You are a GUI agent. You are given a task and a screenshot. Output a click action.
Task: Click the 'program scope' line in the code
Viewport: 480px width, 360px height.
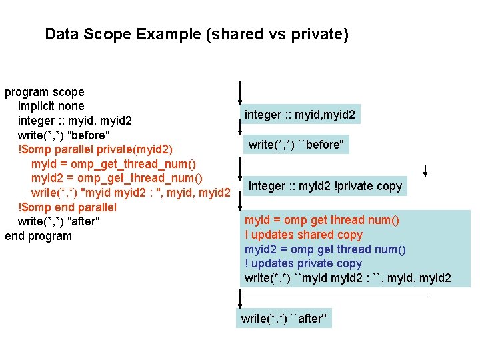(x=45, y=92)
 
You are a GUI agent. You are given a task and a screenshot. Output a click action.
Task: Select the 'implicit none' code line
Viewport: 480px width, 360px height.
(x=51, y=106)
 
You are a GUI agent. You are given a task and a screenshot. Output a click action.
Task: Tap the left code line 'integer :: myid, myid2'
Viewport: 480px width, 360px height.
(x=75, y=121)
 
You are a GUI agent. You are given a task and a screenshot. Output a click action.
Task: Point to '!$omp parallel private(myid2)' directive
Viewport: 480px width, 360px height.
(x=95, y=149)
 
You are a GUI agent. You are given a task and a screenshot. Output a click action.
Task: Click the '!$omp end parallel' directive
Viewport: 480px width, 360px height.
(x=67, y=207)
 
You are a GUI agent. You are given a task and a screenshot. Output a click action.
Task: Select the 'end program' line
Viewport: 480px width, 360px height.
(x=38, y=236)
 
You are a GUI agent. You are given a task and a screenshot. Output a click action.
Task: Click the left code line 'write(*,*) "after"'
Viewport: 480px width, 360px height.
(x=59, y=221)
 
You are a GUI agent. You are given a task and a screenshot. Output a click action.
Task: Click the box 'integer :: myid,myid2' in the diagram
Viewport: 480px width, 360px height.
(x=300, y=115)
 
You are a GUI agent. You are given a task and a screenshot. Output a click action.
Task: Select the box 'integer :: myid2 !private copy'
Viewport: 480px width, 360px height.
(x=325, y=186)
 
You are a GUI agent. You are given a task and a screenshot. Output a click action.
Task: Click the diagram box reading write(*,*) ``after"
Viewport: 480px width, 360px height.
(x=284, y=319)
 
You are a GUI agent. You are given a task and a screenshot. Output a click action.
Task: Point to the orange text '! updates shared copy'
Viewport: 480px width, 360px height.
(x=303, y=235)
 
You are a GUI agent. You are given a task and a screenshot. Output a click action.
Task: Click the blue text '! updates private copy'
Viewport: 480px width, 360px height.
(x=303, y=263)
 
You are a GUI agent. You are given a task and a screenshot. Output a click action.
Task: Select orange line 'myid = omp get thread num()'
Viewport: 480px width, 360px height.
(x=322, y=220)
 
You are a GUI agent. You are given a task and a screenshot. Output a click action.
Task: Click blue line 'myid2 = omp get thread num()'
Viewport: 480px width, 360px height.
(x=325, y=249)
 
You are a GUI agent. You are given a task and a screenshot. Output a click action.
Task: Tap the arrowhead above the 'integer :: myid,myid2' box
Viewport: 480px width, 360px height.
(x=241, y=99)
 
